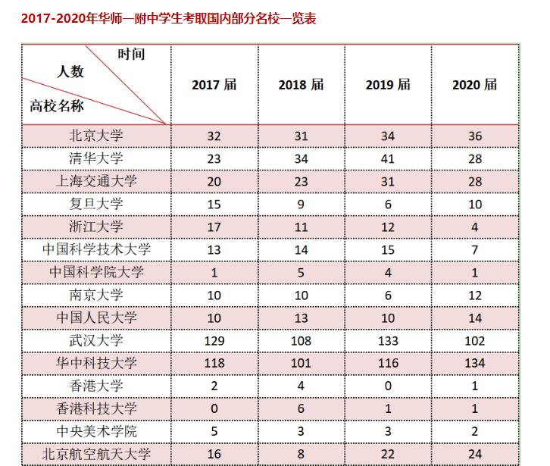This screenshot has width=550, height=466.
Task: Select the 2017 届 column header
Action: [x=214, y=85]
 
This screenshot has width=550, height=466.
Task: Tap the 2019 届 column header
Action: [x=388, y=85]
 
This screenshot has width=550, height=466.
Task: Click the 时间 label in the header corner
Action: [x=131, y=54]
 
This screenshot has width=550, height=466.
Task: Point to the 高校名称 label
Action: [x=57, y=106]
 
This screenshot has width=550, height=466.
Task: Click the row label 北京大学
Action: [x=95, y=136]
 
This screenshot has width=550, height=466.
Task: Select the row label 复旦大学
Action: [x=95, y=204]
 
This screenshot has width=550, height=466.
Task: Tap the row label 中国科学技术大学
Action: [x=95, y=249]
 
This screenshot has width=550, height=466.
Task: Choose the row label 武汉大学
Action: [x=95, y=340]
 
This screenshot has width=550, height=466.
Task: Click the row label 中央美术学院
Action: [x=95, y=431]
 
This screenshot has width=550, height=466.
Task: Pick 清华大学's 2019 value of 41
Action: [x=388, y=158]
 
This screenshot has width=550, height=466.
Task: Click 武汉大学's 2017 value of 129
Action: [x=214, y=340]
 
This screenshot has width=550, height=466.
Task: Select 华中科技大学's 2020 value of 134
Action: [x=475, y=363]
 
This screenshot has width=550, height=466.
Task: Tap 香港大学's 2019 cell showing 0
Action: [x=388, y=386]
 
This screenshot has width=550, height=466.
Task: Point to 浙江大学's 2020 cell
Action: [x=475, y=227]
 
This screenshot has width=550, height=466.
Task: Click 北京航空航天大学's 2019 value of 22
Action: [x=388, y=454]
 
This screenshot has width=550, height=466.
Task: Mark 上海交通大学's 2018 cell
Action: [x=301, y=181]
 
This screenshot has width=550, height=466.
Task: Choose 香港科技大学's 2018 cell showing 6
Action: [x=301, y=408]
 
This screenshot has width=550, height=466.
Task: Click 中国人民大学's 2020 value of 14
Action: [x=475, y=317]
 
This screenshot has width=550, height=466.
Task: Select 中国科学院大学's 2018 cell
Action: [x=301, y=272]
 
